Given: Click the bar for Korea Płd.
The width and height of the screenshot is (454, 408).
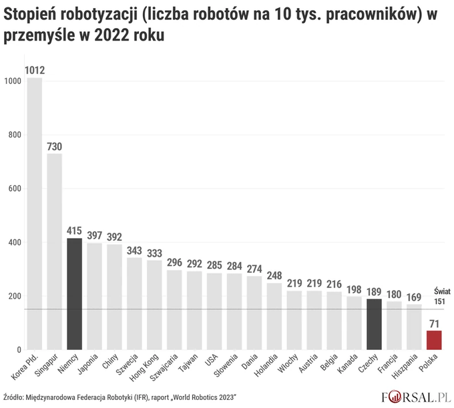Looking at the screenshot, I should (x=34, y=213).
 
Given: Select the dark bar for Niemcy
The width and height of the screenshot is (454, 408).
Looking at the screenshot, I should (x=74, y=293).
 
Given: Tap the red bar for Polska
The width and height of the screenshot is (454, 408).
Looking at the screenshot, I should (x=434, y=340).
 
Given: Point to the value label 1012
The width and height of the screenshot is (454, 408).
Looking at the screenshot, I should (x=34, y=69).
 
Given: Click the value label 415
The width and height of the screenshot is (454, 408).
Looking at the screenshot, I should (x=74, y=231).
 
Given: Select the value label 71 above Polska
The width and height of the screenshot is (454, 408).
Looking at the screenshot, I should (x=434, y=323).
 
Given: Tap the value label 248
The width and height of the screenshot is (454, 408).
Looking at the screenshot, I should (x=274, y=275).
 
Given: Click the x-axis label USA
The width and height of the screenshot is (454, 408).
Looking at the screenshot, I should (x=212, y=361).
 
